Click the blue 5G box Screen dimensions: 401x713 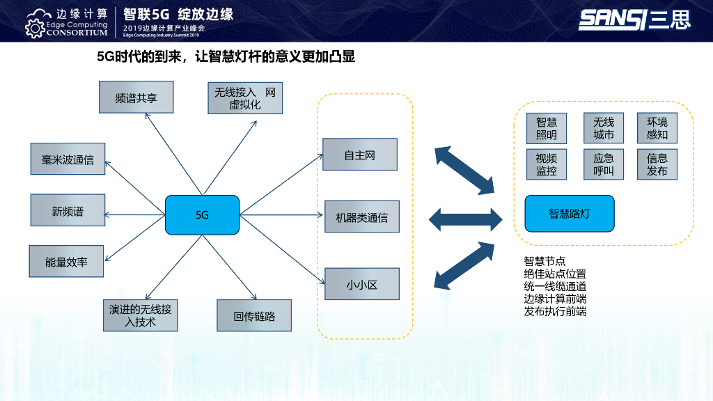(x=202, y=215)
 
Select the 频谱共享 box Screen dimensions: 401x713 (x=136, y=97)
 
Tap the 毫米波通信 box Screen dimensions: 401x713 (x=68, y=159)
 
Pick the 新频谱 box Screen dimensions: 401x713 (x=68, y=211)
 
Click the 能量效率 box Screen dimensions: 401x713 (x=66, y=262)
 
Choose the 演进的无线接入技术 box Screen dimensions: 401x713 (x=140, y=315)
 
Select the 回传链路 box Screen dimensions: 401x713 (x=254, y=315)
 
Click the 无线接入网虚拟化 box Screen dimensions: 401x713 (x=245, y=98)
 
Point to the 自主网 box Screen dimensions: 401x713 (x=360, y=155)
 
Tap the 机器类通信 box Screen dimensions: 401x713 (x=361, y=217)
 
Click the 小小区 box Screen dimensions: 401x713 (x=361, y=284)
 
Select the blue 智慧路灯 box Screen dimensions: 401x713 (x=569, y=214)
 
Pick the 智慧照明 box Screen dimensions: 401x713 (x=547, y=129)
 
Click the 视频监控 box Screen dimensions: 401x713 (x=547, y=164)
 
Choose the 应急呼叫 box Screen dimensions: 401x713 (x=604, y=164)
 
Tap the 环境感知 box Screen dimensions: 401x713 (x=657, y=129)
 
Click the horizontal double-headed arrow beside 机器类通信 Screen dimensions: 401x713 (x=465, y=219)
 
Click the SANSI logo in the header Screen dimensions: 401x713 (x=634, y=19)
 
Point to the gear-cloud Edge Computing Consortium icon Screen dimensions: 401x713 (x=36, y=22)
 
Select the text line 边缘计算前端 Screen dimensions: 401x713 (x=555, y=299)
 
